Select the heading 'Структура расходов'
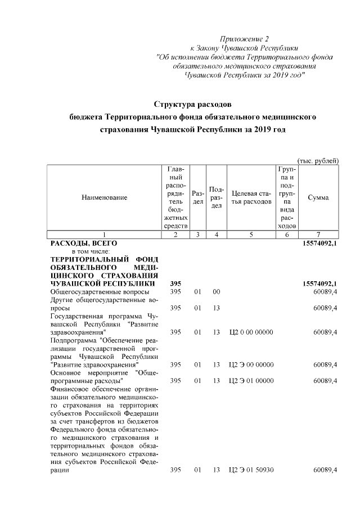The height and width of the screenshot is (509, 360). (x=192, y=104)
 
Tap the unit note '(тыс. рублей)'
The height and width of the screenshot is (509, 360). (x=317, y=161)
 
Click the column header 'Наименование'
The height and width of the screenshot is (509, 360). (x=104, y=197)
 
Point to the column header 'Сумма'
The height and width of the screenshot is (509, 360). (x=318, y=197)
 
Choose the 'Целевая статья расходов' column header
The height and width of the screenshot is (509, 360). (x=251, y=197)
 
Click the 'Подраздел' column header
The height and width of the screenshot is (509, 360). (x=216, y=197)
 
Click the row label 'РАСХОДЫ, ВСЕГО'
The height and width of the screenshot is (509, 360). (x=83, y=242)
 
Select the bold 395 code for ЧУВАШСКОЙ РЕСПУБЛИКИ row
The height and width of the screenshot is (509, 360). (x=175, y=284)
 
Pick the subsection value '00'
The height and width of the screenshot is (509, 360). (x=216, y=292)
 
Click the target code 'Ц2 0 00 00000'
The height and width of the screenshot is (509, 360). (x=251, y=332)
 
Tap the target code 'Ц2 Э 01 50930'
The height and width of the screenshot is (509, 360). (x=251, y=470)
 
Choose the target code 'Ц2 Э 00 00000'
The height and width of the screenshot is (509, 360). (x=251, y=364)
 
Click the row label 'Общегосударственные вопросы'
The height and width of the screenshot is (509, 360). (x=100, y=292)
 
